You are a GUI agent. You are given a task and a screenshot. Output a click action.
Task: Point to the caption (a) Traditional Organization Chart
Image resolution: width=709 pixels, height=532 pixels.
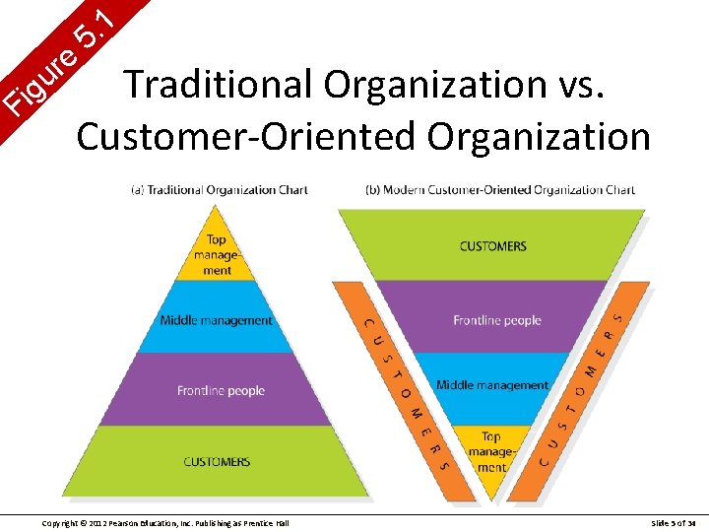pos(220,190)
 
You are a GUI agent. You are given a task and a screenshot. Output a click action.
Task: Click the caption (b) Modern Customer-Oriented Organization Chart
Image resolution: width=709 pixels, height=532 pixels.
pos(499,190)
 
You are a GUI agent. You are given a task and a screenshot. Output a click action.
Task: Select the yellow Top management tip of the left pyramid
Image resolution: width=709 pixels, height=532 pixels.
pos(217,254)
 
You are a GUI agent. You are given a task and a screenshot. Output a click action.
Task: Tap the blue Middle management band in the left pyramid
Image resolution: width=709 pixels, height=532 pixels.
pos(217,319)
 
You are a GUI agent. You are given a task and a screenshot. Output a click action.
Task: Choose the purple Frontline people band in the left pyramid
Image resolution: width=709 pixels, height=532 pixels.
pos(221,391)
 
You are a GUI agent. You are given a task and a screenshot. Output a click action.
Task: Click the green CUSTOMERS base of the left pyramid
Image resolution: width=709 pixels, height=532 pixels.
pos(217,461)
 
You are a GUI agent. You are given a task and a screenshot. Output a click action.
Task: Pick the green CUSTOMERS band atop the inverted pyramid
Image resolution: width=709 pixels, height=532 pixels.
pos(492,245)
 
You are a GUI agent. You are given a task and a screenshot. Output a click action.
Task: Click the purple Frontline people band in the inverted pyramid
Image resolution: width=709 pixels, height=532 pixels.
pos(496,319)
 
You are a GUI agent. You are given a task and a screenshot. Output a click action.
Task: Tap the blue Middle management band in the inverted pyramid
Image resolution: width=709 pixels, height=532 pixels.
pos(492,385)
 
